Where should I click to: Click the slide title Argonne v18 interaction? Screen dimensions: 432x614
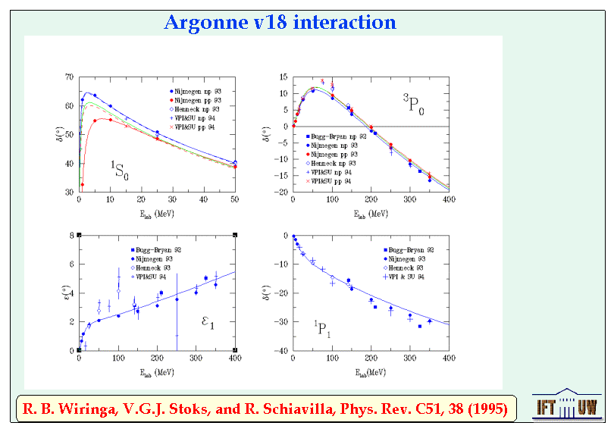click(280, 22)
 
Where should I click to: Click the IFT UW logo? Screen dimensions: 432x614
click(565, 407)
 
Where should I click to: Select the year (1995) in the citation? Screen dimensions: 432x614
click(483, 410)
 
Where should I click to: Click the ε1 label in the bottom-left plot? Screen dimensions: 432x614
click(207, 324)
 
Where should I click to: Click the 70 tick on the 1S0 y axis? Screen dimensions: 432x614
click(69, 77)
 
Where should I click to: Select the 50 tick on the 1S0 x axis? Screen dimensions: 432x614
click(235, 199)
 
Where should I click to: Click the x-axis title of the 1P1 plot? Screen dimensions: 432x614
click(370, 373)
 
